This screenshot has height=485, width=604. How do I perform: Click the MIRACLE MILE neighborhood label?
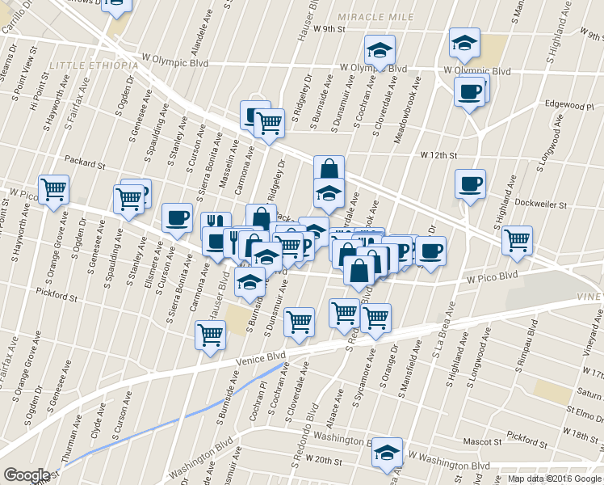click(375, 17)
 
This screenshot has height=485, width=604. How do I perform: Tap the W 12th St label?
click(438, 154)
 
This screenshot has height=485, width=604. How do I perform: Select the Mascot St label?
click(483, 442)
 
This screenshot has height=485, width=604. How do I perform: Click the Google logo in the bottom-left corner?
click(26, 475)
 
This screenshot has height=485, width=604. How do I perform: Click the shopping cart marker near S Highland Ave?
click(517, 238)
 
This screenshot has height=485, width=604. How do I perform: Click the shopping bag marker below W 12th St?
click(329, 169)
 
